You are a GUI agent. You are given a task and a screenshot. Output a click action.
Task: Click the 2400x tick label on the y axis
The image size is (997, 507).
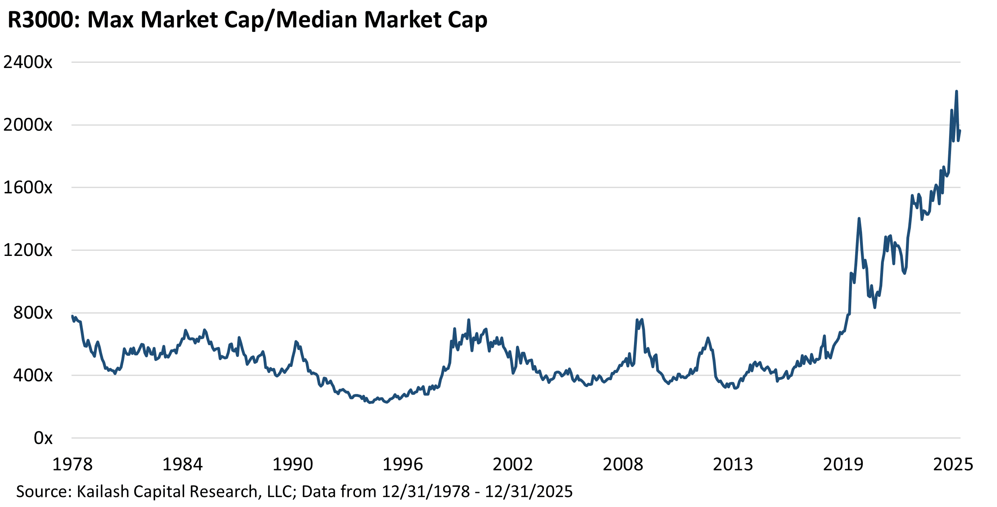pos(28,62)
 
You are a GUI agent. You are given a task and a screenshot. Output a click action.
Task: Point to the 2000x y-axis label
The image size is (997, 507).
pos(28,125)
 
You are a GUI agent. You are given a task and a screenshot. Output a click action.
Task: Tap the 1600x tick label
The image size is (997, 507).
pos(28,188)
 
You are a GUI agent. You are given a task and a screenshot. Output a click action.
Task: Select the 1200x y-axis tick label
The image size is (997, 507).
pos(28,250)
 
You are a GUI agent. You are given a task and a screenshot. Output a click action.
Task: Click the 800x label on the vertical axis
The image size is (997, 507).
pos(33,313)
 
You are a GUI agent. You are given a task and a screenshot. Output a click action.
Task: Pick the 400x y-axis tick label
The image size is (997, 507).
pos(33,375)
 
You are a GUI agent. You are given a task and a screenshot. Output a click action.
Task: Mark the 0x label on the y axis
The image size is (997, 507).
pos(43,438)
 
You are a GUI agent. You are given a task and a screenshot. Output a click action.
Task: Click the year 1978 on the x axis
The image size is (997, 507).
pos(73,464)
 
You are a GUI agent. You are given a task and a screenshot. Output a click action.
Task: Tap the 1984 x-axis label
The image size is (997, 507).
pos(182,464)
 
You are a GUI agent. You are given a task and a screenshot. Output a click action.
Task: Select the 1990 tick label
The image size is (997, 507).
pos(293,464)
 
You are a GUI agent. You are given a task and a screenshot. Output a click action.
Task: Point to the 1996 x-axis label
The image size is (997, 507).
pos(403,464)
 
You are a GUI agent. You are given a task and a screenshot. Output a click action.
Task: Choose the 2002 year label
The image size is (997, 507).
pos(513,464)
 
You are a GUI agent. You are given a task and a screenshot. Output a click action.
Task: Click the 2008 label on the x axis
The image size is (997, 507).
pos(623,464)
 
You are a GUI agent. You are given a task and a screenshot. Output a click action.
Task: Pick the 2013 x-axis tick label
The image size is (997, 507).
pos(733,464)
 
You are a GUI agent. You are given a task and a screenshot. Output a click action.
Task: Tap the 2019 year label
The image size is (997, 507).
pos(843,464)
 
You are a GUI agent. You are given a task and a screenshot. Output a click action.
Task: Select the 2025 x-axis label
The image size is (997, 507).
pos(953,464)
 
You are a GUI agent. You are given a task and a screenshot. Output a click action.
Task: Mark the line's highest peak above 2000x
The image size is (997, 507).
pos(956,92)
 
